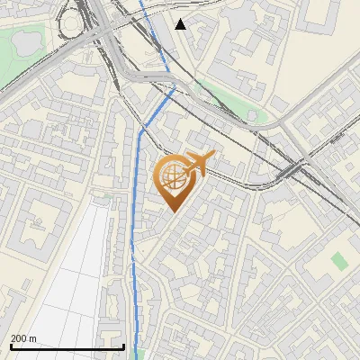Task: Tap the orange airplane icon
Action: (197, 165)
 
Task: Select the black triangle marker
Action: (181, 24)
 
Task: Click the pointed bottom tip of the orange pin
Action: (172, 212)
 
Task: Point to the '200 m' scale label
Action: (23, 338)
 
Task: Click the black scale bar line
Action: (67, 346)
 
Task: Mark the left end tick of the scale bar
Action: (10, 345)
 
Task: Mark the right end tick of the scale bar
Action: (123, 345)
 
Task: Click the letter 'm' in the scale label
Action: (32, 338)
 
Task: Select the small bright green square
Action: (338, 260)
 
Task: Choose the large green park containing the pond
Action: (22, 63)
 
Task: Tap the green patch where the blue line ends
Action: (139, 354)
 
